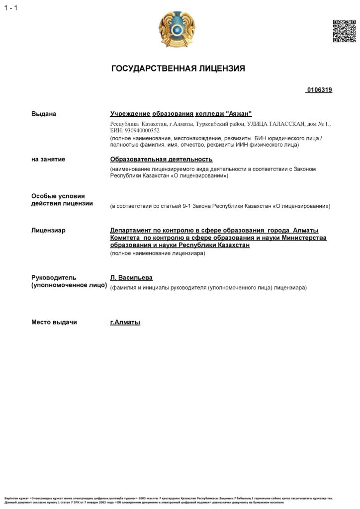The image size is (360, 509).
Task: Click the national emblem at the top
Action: pyautogui.click(x=177, y=29)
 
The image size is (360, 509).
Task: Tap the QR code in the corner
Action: pyautogui.click(x=344, y=31)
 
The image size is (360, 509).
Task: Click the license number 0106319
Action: pyautogui.click(x=319, y=90)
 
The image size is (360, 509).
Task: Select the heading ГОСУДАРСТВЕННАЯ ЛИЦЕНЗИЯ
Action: pyautogui.click(x=178, y=69)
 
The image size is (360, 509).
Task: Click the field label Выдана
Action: pyautogui.click(x=44, y=114)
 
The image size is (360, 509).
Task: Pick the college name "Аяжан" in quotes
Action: pyautogui.click(x=239, y=114)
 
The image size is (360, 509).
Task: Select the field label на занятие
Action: pyautogui.click(x=48, y=159)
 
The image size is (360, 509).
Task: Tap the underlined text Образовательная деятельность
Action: pyautogui.click(x=161, y=159)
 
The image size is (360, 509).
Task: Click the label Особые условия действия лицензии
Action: pyautogui.click(x=58, y=200)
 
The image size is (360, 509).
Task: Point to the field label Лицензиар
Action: pyautogui.click(x=48, y=231)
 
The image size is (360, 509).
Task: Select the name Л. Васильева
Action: pyautogui.click(x=131, y=277)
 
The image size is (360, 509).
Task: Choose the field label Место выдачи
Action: pyautogui.click(x=54, y=322)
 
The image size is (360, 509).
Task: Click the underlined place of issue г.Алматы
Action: pyautogui.click(x=125, y=322)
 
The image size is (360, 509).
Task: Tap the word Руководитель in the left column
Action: pyautogui.click(x=54, y=277)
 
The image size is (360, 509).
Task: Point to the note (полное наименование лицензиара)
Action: pyautogui.click(x=158, y=254)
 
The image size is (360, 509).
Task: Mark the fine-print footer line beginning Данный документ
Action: pyautogui.click(x=169, y=502)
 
